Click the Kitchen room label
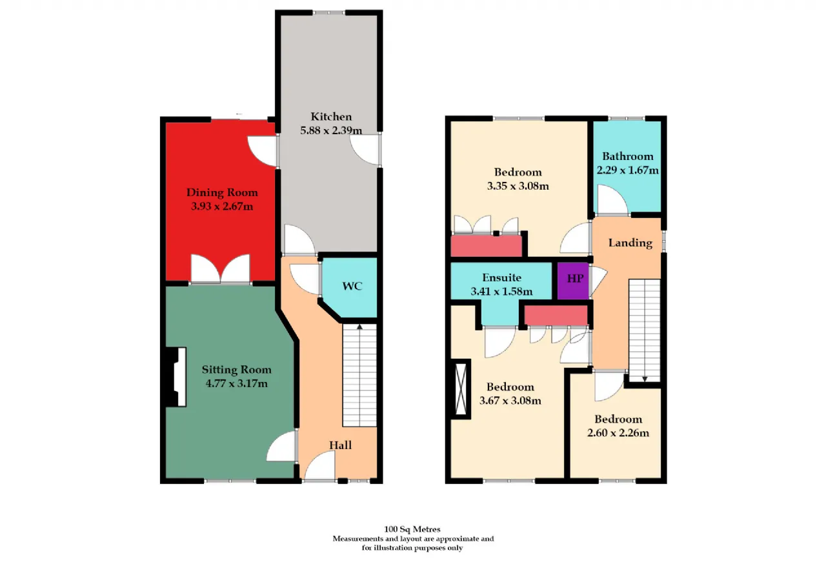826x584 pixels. click(331, 117)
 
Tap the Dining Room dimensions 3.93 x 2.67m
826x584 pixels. click(222, 206)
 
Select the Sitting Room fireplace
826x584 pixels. click(176, 377)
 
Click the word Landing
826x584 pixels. click(630, 243)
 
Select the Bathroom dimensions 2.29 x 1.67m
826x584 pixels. click(628, 170)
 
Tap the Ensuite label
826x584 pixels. click(501, 277)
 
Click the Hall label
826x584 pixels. click(340, 445)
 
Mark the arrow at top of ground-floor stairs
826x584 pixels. click(359, 327)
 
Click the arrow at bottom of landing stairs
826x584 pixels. click(645, 379)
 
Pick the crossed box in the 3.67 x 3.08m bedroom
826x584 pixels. click(461, 389)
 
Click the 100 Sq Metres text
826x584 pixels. click(412, 529)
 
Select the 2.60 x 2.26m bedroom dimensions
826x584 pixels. click(618, 433)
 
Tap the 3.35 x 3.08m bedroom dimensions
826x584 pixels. click(518, 186)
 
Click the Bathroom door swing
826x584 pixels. click(612, 199)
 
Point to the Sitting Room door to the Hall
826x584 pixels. click(282, 446)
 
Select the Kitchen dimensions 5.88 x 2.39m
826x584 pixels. click(331, 130)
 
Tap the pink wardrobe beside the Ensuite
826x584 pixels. click(556, 316)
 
